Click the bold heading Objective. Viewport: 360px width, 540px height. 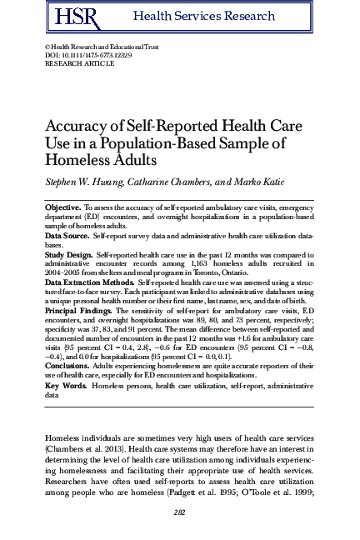coord(62,205)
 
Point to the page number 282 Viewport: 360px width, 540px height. coord(180,513)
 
